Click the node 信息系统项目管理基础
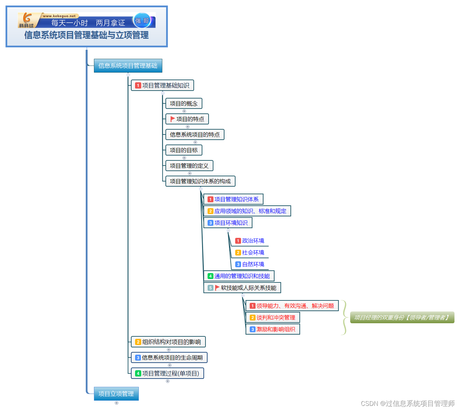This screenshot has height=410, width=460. [128, 66]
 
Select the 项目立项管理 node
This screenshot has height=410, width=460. [116, 394]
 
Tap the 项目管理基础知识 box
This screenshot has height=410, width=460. [162, 85]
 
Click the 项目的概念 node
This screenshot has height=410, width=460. [184, 103]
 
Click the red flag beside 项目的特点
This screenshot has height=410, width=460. [173, 119]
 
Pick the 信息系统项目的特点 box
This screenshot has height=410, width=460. [195, 134]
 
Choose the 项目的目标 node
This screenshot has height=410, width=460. [184, 150]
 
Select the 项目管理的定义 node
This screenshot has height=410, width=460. [189, 166]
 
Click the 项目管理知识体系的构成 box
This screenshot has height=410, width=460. [200, 181]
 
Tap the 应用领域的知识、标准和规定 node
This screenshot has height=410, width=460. [247, 211]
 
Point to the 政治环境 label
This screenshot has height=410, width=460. [253, 241]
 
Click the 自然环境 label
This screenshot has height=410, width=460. [253, 264]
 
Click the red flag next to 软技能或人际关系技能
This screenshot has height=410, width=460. [217, 288]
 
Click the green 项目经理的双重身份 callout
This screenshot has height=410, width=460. [402, 317]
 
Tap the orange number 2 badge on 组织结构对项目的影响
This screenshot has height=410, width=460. [138, 342]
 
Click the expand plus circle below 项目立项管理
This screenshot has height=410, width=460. [116, 403]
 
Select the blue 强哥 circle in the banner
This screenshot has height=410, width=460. [142, 21]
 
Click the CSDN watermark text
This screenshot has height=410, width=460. [408, 403]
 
